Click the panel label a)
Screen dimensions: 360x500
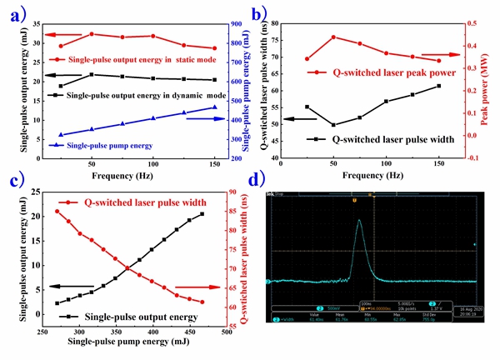(x=16, y=13)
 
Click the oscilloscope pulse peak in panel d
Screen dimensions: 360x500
(x=358, y=221)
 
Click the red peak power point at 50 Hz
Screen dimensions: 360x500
(x=333, y=37)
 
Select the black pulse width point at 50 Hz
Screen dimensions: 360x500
(x=333, y=125)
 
